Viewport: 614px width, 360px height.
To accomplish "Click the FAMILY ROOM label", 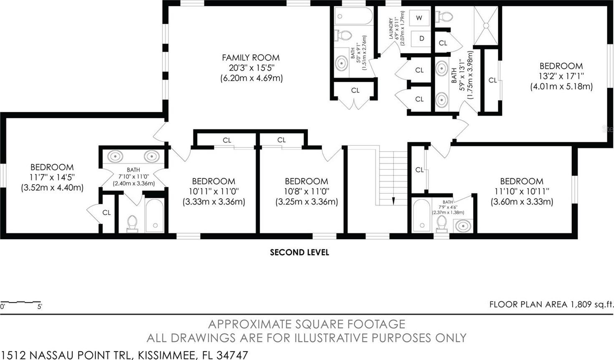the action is click(251, 58).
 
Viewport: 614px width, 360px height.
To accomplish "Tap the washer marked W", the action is click(419, 18).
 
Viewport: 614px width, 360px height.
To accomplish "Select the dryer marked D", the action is click(421, 38).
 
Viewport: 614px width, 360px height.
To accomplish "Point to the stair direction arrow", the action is click(393, 201).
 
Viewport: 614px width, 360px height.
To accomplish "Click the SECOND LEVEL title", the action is click(299, 252).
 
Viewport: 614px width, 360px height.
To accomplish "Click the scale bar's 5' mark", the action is click(40, 307).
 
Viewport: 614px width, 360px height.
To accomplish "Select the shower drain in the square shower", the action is click(486, 25).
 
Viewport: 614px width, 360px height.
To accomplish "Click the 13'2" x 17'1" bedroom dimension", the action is click(561, 76).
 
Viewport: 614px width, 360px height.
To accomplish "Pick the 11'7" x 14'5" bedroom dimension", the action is click(52, 177).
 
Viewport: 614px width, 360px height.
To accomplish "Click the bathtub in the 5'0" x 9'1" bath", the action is click(354, 16).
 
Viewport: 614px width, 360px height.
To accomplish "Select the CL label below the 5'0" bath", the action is click(355, 90).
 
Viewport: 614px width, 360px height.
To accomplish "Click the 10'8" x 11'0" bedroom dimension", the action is click(307, 191).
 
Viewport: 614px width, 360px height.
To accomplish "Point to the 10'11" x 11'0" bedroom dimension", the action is click(214, 191).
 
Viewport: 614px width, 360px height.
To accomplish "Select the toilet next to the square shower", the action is click(444, 16).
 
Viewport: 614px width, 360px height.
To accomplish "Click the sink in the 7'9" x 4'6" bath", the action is click(463, 226).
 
